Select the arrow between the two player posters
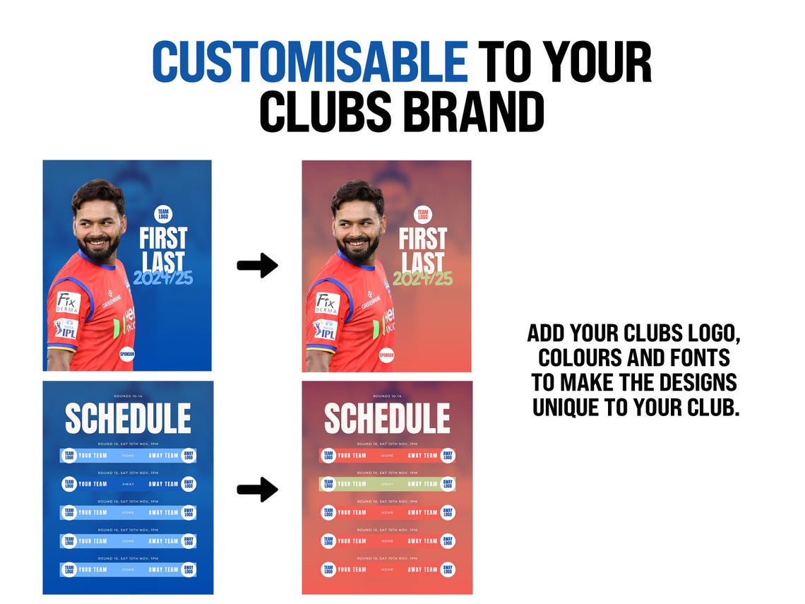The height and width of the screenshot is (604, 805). pyautogui.click(x=257, y=266)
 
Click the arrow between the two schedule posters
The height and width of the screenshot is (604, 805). pyautogui.click(x=257, y=490)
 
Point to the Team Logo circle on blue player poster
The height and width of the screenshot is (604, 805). pyautogui.click(x=163, y=214)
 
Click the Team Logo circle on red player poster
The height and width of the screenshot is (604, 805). pyautogui.click(x=422, y=214)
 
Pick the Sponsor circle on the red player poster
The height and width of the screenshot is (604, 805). pyautogui.click(x=386, y=355)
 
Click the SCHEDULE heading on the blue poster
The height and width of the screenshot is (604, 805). pyautogui.click(x=128, y=419)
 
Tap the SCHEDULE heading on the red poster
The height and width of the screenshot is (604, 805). pyautogui.click(x=387, y=419)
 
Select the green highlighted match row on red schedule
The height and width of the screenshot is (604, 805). pyautogui.click(x=387, y=484)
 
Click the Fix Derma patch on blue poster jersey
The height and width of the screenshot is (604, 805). pyautogui.click(x=68, y=302)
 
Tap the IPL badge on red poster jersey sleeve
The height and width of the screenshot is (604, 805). pyautogui.click(x=325, y=329)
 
